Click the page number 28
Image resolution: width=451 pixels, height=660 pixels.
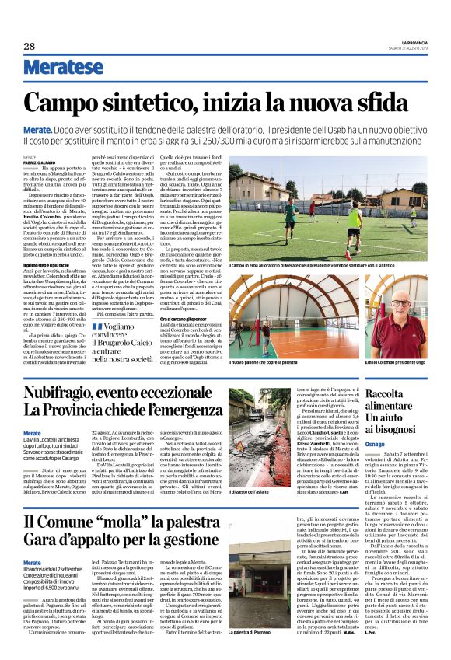click(30, 46)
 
